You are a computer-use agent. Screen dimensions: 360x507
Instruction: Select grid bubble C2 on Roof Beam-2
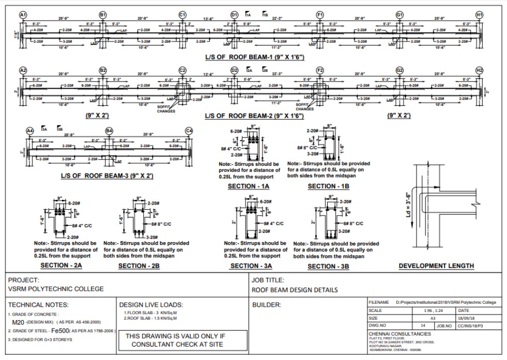tap(182, 70)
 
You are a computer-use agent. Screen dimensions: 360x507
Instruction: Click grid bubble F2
tap(320, 70)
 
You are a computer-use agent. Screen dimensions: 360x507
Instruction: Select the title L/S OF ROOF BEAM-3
tap(107, 176)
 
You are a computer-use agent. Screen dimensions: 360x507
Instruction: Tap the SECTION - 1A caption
tap(249, 186)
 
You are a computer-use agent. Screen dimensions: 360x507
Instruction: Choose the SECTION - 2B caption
tap(140, 266)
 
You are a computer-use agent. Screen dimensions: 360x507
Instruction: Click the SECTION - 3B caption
tap(329, 267)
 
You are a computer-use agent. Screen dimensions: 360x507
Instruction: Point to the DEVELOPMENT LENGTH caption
tap(436, 266)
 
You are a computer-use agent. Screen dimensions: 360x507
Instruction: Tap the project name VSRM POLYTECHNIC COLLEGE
tap(56, 289)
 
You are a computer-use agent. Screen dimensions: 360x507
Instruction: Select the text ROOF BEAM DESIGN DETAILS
tap(295, 290)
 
